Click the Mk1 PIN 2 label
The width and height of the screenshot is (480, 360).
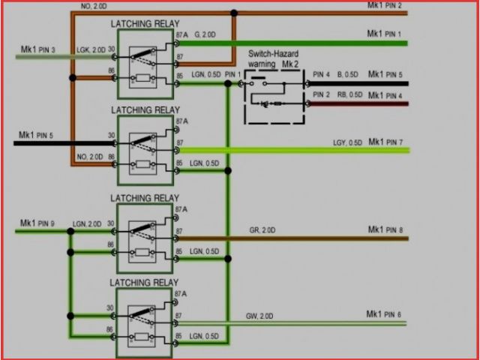coord(384,7)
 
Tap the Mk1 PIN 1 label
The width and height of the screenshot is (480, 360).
coord(384,34)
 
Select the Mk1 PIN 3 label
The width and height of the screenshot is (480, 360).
coord(37,49)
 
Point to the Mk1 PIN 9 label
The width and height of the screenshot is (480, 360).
coord(37,223)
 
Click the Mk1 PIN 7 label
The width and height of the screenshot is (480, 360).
coord(384,142)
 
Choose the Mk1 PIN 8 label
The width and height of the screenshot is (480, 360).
coord(384,229)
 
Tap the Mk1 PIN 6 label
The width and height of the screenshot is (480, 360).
coord(384,313)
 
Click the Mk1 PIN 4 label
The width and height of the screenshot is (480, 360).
coord(384,95)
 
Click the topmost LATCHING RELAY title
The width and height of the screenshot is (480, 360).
coord(145,24)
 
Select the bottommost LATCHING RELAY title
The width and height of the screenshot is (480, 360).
coord(145,283)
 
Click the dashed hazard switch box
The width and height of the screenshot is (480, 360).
coord(274,97)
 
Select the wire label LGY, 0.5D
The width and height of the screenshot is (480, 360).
coord(347,142)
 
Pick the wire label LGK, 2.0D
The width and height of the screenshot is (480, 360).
coord(90,49)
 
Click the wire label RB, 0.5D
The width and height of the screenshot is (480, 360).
coord(348,95)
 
